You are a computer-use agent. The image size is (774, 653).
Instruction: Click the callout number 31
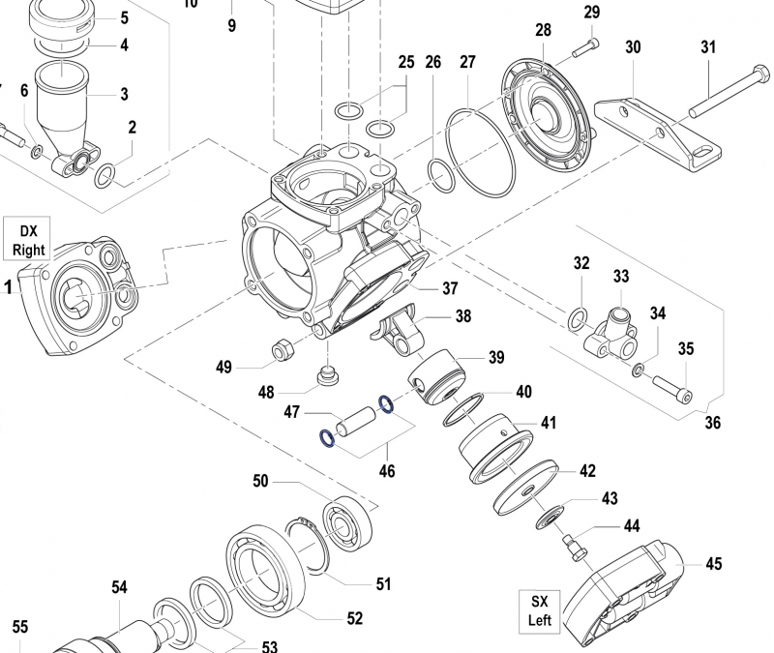pos(708,47)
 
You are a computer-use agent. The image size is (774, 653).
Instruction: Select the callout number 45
pos(714,563)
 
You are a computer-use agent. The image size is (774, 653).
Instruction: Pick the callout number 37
pos(450,288)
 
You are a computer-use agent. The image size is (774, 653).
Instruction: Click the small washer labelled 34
pos(639,370)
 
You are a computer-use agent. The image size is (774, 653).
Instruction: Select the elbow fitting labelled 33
pos(613,334)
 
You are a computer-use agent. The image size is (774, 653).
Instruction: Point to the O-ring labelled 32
pos(577,317)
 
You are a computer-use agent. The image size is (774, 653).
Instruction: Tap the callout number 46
pos(386,472)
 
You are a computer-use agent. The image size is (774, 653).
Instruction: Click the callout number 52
pos(354,617)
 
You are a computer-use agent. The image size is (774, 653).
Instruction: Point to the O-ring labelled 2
pos(104,175)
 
